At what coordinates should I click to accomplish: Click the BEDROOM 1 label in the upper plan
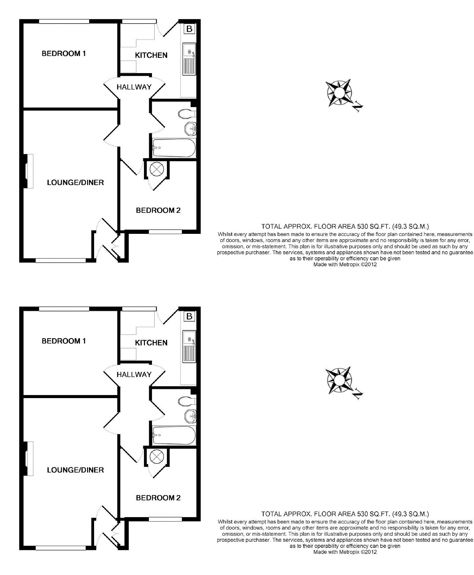click(x=64, y=54)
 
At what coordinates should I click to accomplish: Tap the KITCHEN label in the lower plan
click(x=151, y=343)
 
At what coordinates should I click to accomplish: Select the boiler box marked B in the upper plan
click(x=189, y=29)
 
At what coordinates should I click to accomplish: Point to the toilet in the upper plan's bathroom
click(x=186, y=114)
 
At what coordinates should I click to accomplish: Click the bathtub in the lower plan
click(x=174, y=435)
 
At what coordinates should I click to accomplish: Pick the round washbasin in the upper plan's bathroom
click(x=190, y=129)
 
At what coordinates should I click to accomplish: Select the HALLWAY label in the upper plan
click(x=134, y=87)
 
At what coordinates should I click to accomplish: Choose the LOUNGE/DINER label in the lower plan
click(x=75, y=470)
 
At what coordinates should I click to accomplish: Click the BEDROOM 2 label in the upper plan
click(x=158, y=210)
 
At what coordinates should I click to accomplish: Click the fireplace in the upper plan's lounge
click(x=28, y=171)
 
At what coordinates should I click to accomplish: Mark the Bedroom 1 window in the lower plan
click(x=64, y=309)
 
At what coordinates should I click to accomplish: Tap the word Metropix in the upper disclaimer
click(x=349, y=265)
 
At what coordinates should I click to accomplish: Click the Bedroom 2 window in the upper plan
click(x=165, y=232)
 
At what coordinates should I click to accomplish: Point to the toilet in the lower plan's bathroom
click(x=186, y=401)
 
